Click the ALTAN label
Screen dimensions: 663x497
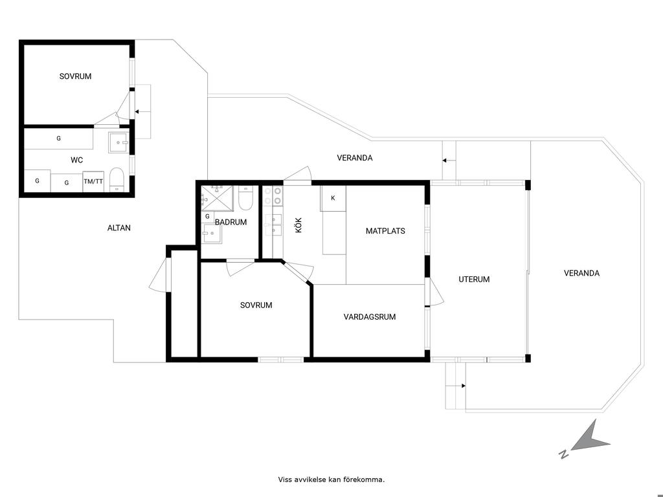[x=119, y=228]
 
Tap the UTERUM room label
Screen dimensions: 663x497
[x=474, y=280]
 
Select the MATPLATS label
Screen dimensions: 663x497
[x=385, y=231]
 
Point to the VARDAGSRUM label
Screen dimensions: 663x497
[x=370, y=316]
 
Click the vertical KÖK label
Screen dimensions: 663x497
[x=298, y=225]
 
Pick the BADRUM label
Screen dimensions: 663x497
[x=231, y=222]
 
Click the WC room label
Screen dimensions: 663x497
[x=76, y=160]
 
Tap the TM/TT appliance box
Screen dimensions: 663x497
[x=93, y=182]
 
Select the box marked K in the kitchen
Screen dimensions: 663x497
[x=333, y=198]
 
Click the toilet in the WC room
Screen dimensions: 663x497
[x=117, y=180]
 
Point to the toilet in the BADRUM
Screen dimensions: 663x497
[x=245, y=198]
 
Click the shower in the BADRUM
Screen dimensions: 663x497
[x=218, y=198]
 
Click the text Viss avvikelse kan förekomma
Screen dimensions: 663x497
[x=331, y=480]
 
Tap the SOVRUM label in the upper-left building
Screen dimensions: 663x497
[x=75, y=76]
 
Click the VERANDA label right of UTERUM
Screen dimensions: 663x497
[x=581, y=273]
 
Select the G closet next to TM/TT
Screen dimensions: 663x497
[x=67, y=183]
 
